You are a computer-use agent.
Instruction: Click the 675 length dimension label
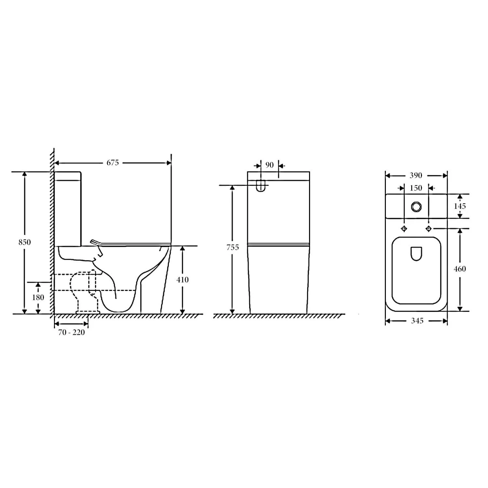pyautogui.click(x=113, y=163)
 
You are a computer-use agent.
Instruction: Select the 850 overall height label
pyautogui.click(x=25, y=242)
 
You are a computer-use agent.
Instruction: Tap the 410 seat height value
pyautogui.click(x=183, y=280)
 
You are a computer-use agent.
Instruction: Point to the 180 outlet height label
pyautogui.click(x=38, y=297)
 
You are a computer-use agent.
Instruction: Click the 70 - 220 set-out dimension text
pyautogui.click(x=72, y=332)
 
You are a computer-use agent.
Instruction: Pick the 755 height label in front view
pyautogui.click(x=233, y=247)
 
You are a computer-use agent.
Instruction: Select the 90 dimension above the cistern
pyautogui.click(x=270, y=165)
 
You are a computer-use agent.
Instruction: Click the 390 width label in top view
pyautogui.click(x=416, y=176)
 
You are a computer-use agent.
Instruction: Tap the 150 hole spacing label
pyautogui.click(x=416, y=188)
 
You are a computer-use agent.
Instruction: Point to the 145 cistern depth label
pyautogui.click(x=460, y=206)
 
